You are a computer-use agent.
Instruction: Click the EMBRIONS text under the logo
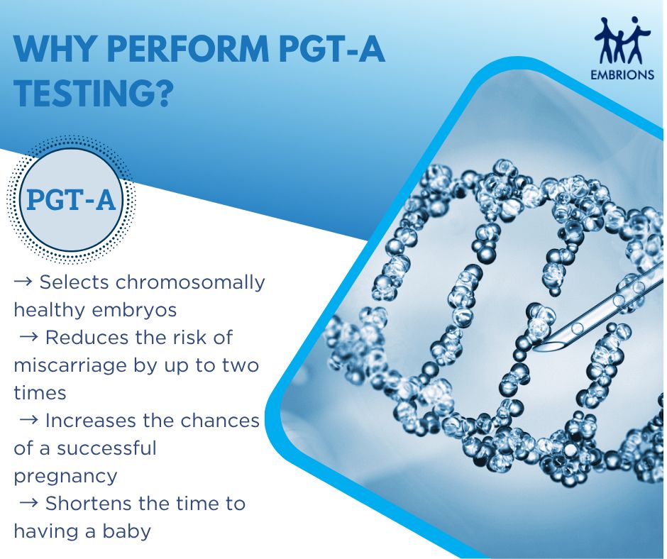622,75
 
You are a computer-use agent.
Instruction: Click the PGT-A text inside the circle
71,200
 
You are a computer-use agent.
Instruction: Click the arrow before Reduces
29,337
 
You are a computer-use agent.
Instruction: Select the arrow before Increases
29,420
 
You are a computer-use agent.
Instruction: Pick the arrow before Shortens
29,503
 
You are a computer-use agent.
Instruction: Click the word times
40,393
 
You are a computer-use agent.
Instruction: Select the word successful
106,448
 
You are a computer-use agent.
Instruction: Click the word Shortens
89,503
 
